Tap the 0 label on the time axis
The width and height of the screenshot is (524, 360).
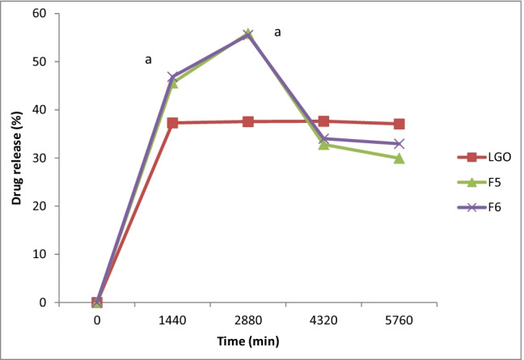point(97,320)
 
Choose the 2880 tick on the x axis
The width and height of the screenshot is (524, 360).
point(247,320)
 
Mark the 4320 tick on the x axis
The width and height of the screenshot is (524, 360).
point(323,320)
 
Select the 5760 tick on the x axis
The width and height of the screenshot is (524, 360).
point(399,320)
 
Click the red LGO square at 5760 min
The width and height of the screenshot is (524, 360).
point(399,124)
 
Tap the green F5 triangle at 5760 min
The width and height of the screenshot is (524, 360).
point(399,158)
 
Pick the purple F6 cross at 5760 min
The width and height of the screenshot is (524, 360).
point(399,143)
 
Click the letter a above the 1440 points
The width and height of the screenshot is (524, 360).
point(148,60)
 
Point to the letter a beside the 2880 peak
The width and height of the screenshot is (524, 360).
point(278,32)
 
